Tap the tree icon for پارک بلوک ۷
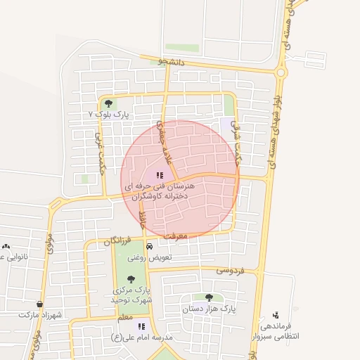tap(106, 103)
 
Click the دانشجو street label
tap(171, 62)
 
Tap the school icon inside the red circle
tap(160, 176)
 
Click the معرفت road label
tap(179, 236)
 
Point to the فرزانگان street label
tap(117, 241)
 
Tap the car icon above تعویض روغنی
tap(150, 247)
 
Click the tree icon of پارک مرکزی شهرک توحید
tap(131, 279)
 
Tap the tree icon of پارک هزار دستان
tap(209, 297)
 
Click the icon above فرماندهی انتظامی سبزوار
tap(275, 314)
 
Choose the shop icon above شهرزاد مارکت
tap(40, 304)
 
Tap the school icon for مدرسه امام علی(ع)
tap(141, 326)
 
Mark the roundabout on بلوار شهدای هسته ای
tap(281, 71)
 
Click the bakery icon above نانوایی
tap(6, 246)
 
